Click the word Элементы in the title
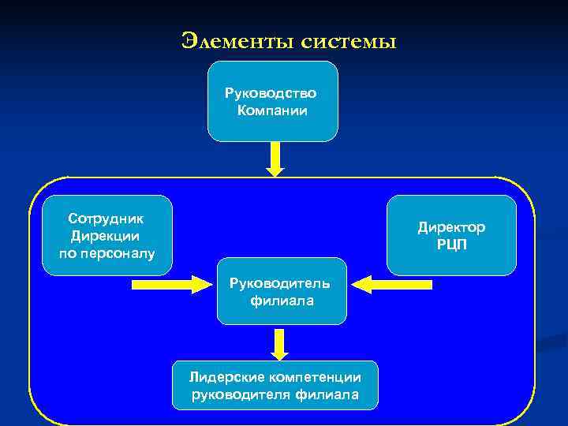pos(237,39)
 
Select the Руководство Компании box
pos(272,101)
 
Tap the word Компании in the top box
pos(272,110)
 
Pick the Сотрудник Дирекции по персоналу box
pos(106,235)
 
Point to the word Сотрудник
pos(106,219)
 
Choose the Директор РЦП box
pos(451,235)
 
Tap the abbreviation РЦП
pos(451,244)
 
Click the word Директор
pos(451,227)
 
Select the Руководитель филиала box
pos(282,291)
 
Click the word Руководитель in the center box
pos(282,282)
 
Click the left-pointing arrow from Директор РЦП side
pos(391,282)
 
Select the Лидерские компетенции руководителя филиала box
pos(275,386)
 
